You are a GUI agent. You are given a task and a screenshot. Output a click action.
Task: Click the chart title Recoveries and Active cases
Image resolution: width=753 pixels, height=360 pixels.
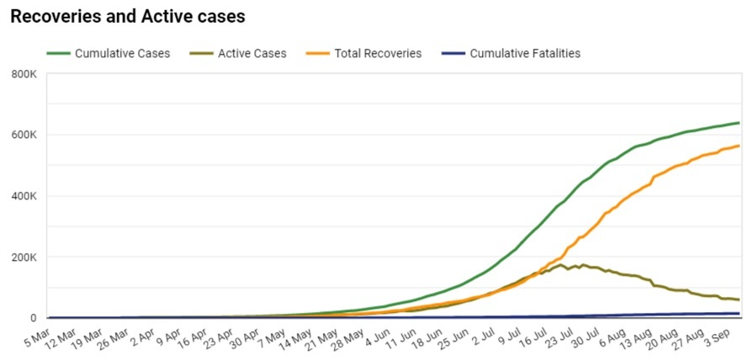click(127, 16)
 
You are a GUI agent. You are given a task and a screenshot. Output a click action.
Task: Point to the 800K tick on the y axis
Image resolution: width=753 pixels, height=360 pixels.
click(24, 75)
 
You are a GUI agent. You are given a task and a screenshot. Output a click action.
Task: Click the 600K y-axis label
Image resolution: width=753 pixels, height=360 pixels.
click(24, 135)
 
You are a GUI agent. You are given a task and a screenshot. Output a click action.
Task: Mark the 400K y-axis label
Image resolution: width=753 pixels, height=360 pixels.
click(24, 197)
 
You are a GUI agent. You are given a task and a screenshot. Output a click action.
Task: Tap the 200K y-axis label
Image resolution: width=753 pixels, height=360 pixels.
click(24, 257)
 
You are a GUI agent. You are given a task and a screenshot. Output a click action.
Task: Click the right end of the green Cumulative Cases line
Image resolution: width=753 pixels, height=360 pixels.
click(739, 123)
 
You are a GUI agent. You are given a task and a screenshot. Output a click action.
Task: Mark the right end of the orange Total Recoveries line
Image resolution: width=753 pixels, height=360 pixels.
click(739, 146)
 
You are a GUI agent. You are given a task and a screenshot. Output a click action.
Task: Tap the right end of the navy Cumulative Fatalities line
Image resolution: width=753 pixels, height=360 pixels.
click(739, 314)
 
